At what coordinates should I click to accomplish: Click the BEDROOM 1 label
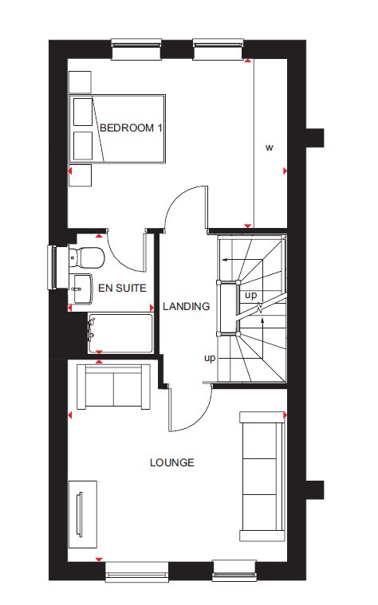coord(132,128)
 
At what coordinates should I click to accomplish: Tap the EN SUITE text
coord(122,289)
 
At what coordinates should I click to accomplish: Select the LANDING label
coord(186,306)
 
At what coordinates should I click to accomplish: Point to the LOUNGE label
coord(171,462)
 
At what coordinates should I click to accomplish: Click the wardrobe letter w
coord(269,147)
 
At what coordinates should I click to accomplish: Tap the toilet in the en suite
coord(86,257)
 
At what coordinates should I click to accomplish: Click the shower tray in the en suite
coord(120,333)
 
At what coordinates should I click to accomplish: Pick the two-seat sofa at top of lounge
coord(113,387)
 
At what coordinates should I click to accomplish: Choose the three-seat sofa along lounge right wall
coord(262,477)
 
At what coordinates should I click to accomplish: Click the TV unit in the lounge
coord(83,514)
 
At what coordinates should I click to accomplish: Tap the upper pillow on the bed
coord(83,112)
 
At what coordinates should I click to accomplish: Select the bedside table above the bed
coord(80,82)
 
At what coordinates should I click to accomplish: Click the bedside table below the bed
coord(80,175)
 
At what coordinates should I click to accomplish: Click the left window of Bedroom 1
coord(136,49)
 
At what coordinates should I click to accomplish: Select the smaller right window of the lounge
coord(234,571)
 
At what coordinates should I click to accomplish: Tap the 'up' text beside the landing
coord(210,359)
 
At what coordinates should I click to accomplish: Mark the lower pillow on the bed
coord(83,146)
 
